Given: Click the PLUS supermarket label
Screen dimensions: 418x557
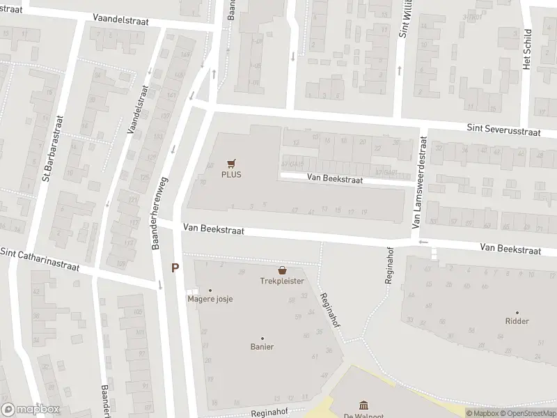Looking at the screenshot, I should (x=232, y=174).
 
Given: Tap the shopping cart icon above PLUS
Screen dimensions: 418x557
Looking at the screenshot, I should (x=232, y=164).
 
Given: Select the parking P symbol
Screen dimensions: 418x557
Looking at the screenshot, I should (x=175, y=268).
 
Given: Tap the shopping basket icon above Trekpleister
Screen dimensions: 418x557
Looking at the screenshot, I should (x=282, y=270).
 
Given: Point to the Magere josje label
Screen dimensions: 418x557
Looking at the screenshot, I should (x=210, y=299).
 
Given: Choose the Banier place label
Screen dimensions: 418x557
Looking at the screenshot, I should (x=262, y=347).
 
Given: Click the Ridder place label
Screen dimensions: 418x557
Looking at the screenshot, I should (x=517, y=321).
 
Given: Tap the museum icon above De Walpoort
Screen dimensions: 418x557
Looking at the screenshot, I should (x=363, y=405).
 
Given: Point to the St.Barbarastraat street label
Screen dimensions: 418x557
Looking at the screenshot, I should (x=53, y=149).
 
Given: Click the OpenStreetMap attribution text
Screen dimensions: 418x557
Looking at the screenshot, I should (x=525, y=413).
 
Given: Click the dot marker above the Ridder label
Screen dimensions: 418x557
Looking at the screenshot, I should (x=517, y=313).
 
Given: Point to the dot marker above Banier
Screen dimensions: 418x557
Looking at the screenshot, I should (x=262, y=338).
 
